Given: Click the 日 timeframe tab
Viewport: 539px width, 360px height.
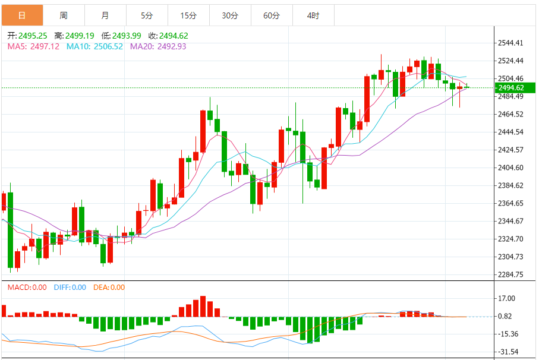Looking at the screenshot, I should click(x=22, y=15).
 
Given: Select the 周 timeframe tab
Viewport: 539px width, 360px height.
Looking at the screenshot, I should click(x=64, y=15).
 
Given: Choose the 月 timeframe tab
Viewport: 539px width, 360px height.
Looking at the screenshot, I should click(x=105, y=15).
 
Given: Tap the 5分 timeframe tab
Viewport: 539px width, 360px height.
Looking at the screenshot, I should click(x=147, y=15).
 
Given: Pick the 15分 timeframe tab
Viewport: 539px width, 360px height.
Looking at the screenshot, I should click(x=188, y=15).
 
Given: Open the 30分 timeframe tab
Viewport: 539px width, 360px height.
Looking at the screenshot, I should click(x=230, y=15).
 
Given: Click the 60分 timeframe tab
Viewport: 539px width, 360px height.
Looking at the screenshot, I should click(x=272, y=15).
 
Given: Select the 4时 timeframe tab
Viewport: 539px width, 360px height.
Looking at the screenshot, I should click(x=313, y=15).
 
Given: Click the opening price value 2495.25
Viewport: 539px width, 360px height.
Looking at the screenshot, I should click(x=33, y=36).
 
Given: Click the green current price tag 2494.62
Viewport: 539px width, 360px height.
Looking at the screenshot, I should click(x=515, y=88).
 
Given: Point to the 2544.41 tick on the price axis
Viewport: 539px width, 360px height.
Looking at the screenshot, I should click(x=510, y=43).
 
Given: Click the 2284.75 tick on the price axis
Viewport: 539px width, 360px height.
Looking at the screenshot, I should click(x=510, y=274).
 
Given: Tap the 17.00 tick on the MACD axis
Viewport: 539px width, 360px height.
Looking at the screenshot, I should click(x=507, y=298).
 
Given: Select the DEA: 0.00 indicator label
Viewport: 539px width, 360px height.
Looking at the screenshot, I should click(x=109, y=288).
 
